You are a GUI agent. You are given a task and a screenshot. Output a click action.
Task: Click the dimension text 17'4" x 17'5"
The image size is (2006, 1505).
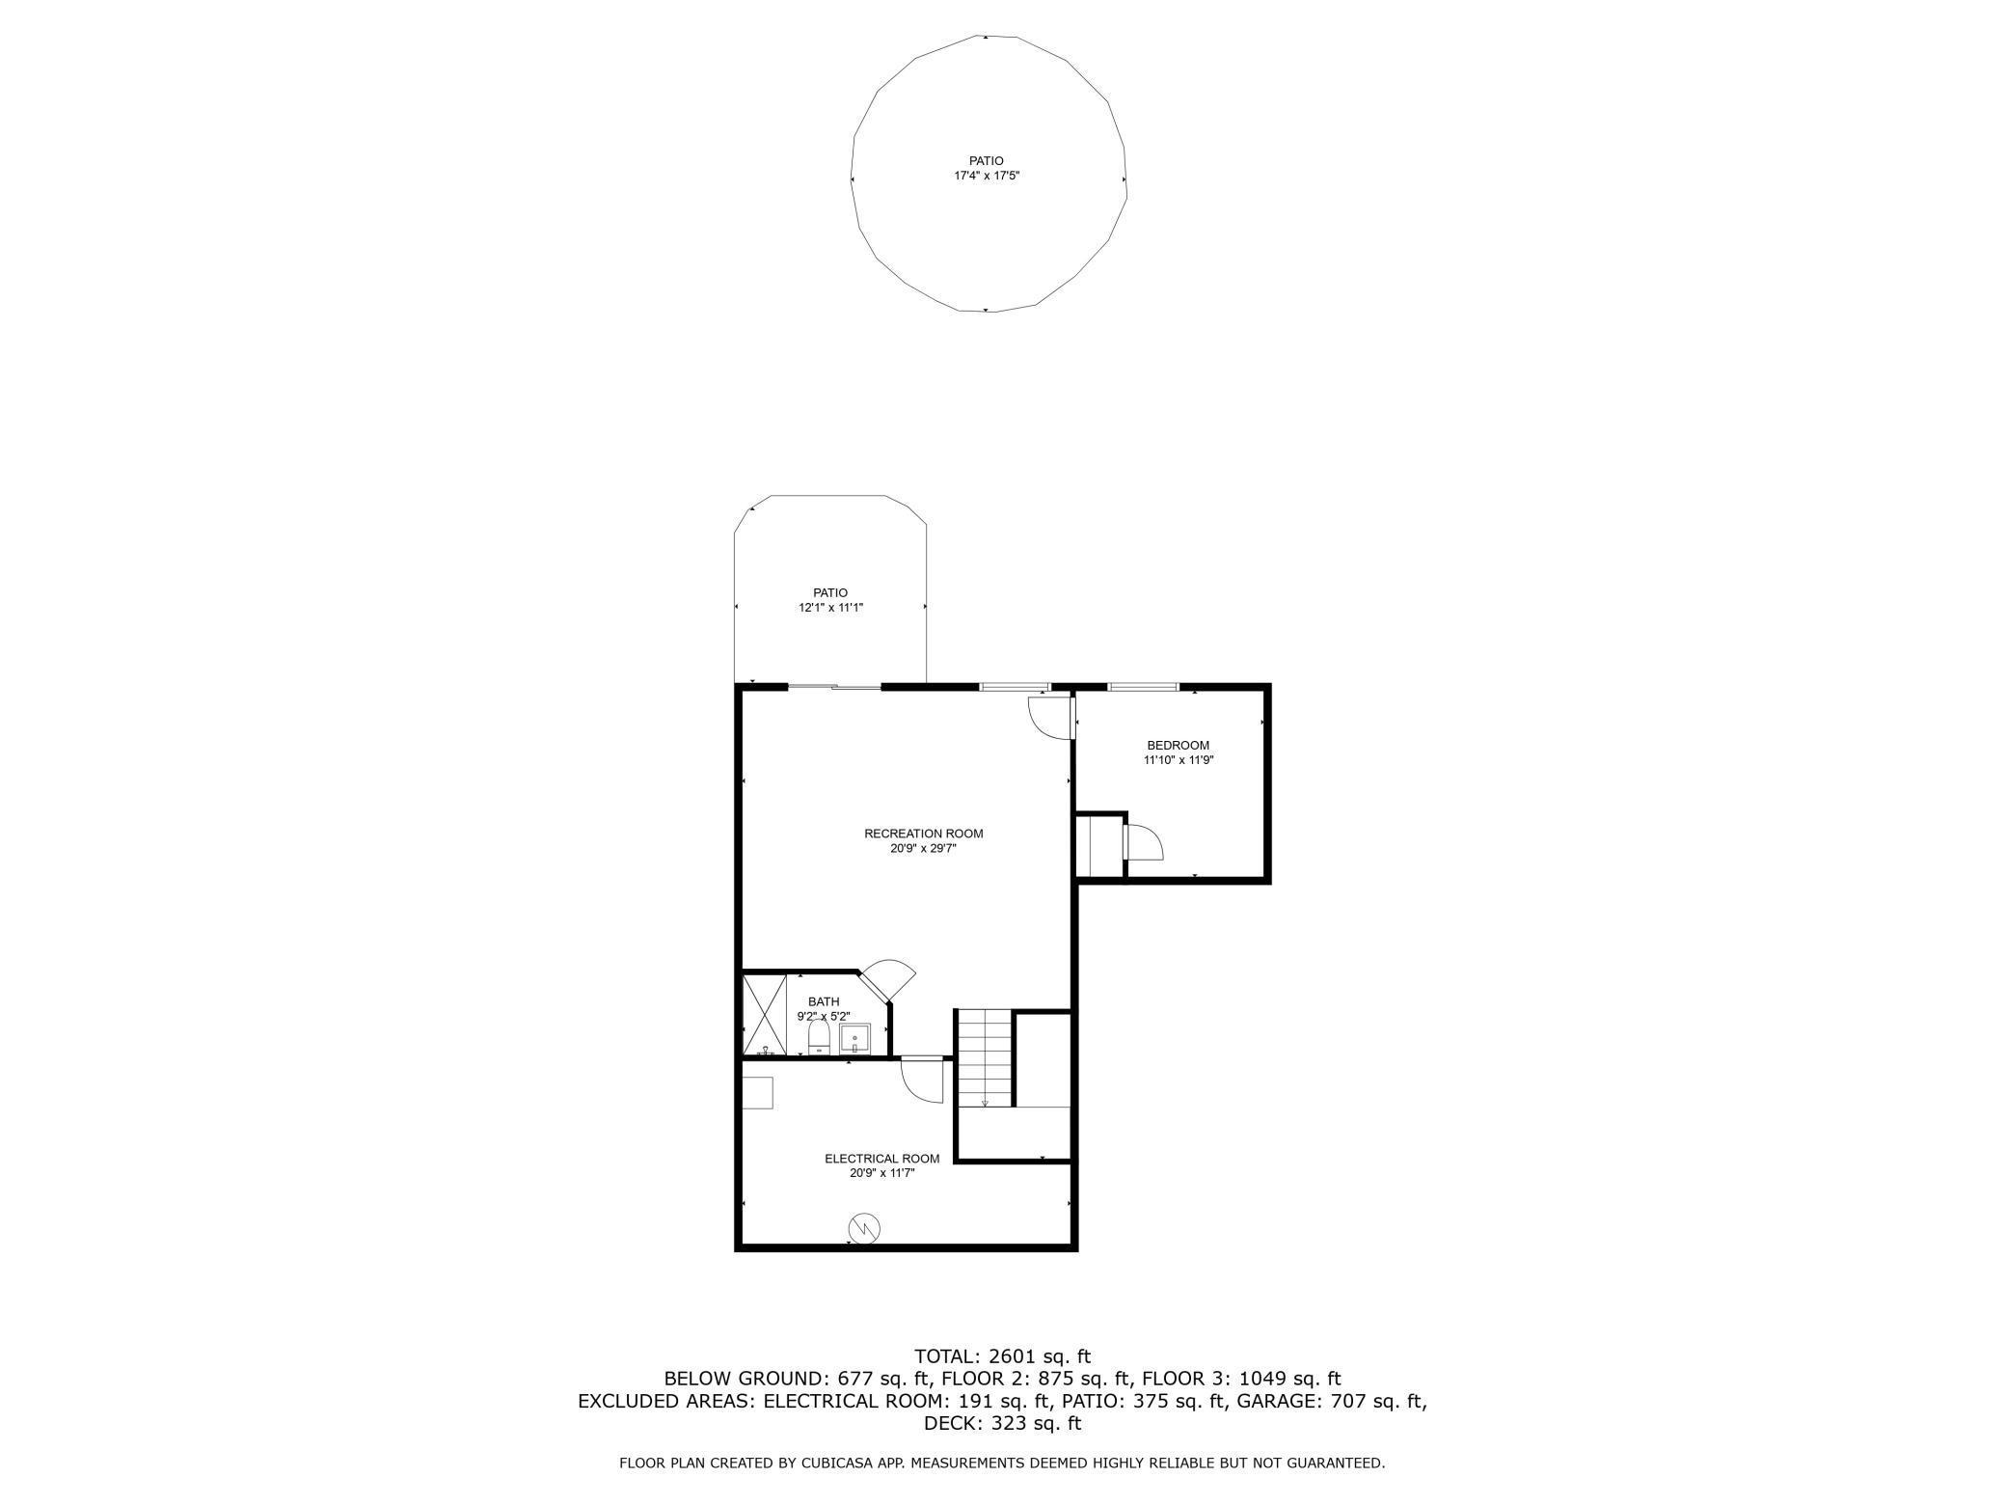(987, 177)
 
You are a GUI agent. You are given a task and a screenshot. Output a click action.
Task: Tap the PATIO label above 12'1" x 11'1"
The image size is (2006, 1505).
(829, 593)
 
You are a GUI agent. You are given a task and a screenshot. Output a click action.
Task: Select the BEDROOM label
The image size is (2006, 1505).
(1178, 746)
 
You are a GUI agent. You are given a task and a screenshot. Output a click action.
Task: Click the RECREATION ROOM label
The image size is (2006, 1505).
(924, 834)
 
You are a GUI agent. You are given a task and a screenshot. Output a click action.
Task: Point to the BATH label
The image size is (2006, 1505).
(824, 1001)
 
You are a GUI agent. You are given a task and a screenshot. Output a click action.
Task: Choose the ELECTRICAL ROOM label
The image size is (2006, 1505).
(881, 1159)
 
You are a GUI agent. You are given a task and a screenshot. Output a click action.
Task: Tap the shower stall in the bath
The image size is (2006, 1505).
(765, 1016)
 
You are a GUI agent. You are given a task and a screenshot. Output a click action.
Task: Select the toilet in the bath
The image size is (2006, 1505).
(819, 1039)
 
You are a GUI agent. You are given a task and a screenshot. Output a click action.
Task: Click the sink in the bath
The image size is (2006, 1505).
(855, 1040)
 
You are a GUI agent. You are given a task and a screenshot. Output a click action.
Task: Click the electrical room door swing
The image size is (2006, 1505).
(921, 1080)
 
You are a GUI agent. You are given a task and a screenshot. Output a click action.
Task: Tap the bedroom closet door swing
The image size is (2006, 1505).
(1144, 841)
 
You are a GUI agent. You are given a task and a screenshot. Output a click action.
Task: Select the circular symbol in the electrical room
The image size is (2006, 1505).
(864, 1227)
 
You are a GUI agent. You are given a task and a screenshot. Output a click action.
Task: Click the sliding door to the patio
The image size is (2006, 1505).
(835, 687)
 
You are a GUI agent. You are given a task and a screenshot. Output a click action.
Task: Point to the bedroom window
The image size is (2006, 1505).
(1143, 687)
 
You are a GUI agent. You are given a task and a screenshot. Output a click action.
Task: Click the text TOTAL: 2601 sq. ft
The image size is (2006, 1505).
(1003, 1355)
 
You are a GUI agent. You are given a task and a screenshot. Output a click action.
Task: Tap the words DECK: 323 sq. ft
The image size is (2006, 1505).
(1003, 1423)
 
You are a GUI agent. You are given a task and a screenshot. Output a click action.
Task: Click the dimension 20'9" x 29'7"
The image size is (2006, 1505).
(924, 849)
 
